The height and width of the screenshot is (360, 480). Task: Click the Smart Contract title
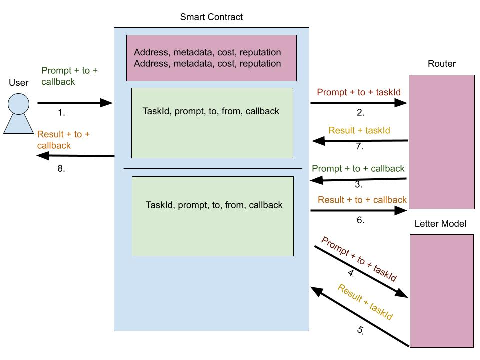[211, 17]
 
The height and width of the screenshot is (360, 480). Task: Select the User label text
[19, 83]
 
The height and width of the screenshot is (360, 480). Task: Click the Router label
[441, 64]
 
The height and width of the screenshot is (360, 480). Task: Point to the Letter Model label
[440, 224]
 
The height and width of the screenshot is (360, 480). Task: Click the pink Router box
[441, 141]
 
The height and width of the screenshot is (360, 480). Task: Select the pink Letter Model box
[441, 290]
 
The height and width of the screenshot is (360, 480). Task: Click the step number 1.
[62, 113]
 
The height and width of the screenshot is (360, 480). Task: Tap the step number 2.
[360, 113]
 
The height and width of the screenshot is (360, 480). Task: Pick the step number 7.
[360, 148]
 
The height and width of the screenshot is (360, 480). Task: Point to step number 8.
[61, 169]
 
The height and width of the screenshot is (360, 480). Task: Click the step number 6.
[360, 220]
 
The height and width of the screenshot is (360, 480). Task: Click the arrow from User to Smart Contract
[75, 103]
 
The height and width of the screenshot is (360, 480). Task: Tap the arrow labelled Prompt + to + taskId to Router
[359, 103]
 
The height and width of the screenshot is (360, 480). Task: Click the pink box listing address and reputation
[211, 58]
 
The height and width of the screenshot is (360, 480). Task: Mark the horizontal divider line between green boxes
[213, 169]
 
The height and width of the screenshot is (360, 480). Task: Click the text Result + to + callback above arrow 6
[362, 200]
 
